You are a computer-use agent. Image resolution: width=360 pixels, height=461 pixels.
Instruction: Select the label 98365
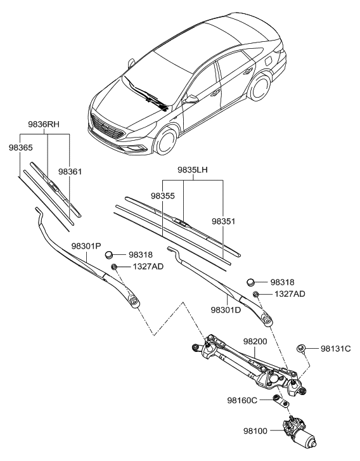pyautogui.click(x=20, y=147)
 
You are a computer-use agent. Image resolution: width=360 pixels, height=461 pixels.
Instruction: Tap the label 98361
pyautogui.click(x=71, y=171)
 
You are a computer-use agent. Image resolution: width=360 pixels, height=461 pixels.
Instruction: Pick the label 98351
pyautogui.click(x=224, y=221)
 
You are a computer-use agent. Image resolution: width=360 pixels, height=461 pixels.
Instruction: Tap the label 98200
pyautogui.click(x=257, y=341)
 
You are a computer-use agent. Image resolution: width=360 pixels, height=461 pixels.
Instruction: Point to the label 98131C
pyautogui.click(x=335, y=348)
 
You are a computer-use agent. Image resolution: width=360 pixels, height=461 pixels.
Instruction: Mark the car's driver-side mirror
pyautogui.click(x=190, y=100)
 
